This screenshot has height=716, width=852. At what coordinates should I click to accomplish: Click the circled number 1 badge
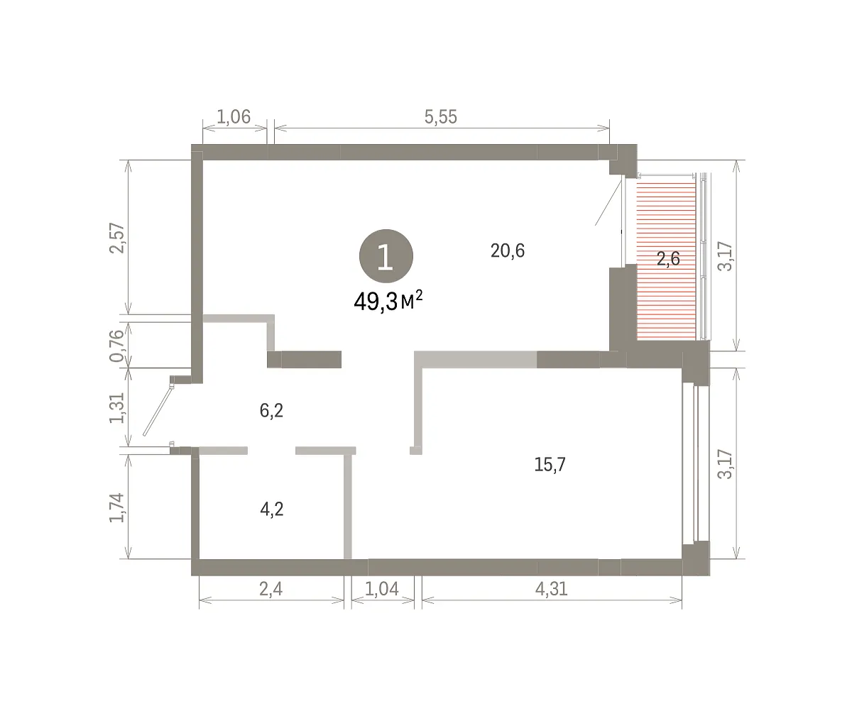(x=386, y=256)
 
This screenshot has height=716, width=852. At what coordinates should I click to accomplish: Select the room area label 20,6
(x=508, y=250)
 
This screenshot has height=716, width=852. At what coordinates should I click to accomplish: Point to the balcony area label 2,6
(x=668, y=258)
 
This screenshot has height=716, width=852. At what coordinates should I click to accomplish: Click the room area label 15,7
(x=550, y=464)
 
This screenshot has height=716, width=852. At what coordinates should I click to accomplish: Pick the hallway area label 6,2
(x=271, y=411)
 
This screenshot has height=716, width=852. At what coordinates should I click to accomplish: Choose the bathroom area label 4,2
(x=272, y=510)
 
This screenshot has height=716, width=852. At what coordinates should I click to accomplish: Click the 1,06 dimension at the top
(x=234, y=117)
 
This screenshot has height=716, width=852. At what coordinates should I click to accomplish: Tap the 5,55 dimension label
(x=441, y=117)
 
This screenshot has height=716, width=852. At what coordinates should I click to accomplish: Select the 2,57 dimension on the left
(x=117, y=238)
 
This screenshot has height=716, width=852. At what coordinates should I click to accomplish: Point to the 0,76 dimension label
(x=117, y=346)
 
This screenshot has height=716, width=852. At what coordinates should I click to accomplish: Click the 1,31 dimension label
(x=117, y=408)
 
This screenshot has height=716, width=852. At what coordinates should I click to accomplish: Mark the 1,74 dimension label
(x=117, y=507)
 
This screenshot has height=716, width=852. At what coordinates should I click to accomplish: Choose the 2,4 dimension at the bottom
(x=271, y=590)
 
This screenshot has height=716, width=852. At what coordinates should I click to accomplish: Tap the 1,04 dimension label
(x=381, y=590)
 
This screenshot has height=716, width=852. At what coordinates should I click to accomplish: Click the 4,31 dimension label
(x=551, y=590)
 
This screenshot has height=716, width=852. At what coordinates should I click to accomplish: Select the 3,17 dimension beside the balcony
(x=726, y=256)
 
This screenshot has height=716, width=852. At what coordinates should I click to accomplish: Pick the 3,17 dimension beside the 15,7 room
(x=726, y=464)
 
